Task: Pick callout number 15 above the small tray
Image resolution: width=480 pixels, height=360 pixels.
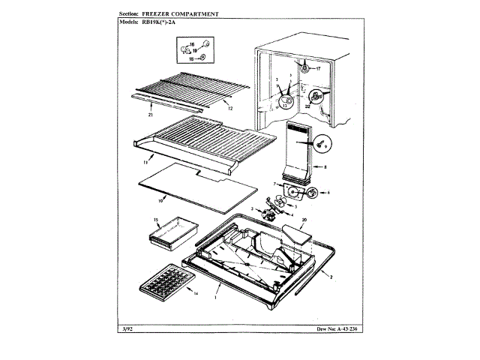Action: tap(157, 220)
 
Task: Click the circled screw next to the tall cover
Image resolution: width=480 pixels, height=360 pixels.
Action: tap(320, 139)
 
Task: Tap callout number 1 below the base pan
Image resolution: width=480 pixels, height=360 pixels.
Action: tap(216, 298)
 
